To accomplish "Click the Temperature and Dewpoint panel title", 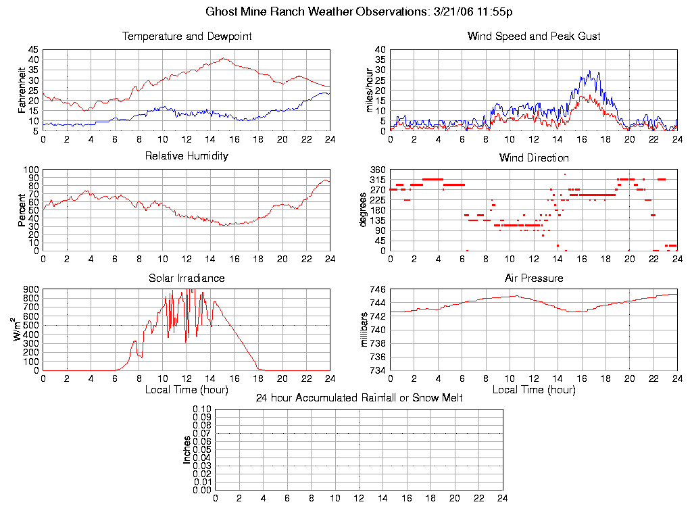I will point(187,36).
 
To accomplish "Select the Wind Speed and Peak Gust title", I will point(534,36).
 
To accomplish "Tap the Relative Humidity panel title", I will point(187,156).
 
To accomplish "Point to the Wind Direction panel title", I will point(534,158).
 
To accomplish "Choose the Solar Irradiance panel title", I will point(187,278).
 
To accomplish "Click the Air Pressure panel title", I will point(534,278).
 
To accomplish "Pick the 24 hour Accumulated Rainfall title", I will point(359,398).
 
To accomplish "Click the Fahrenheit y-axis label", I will point(22,90).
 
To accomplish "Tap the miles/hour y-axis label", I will point(370,90).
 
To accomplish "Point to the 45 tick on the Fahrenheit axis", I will point(33,50).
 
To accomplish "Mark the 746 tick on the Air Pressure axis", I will point(377,290).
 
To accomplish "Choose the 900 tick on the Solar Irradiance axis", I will point(31,290).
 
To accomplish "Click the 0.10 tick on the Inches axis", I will point(202,410).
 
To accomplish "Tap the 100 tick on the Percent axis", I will point(31,170).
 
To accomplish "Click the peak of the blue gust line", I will point(590,71).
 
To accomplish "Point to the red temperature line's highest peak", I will point(223,58).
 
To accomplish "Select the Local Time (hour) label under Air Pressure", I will point(534,390).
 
